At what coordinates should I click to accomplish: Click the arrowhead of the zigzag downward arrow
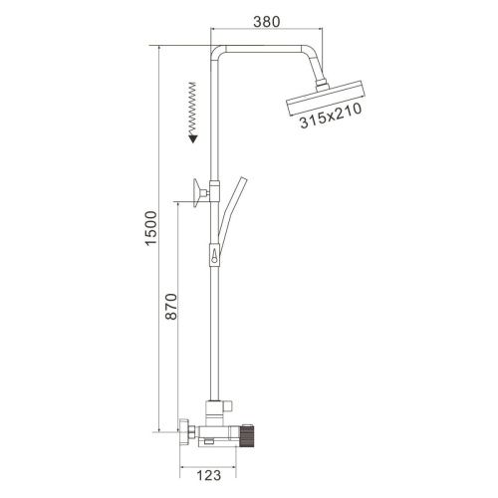point(188,141)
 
